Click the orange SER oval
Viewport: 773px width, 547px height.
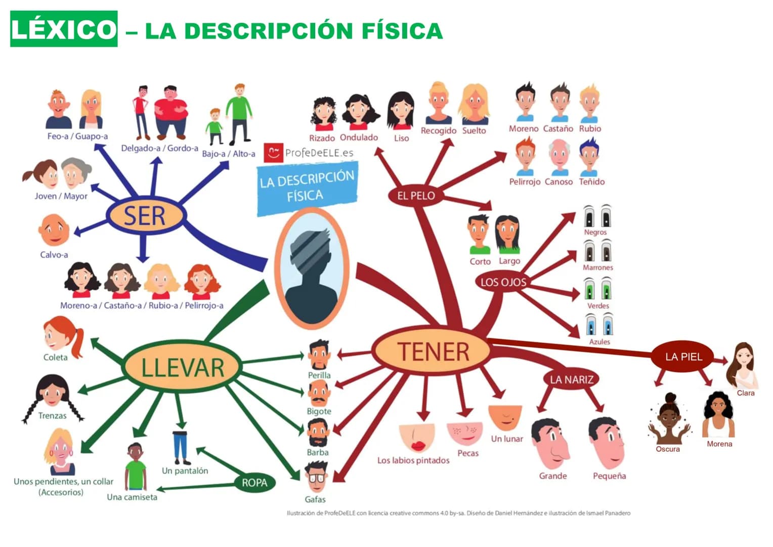click(x=145, y=216)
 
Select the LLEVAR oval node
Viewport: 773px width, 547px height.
click(x=182, y=367)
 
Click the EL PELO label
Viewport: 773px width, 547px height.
click(x=416, y=196)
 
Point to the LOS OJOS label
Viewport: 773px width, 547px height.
click(x=503, y=282)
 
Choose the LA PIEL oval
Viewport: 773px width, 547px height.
click(x=683, y=357)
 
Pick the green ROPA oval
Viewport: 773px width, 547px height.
click(x=254, y=483)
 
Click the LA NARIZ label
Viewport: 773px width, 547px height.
click(x=571, y=379)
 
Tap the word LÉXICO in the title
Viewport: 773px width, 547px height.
click(x=64, y=29)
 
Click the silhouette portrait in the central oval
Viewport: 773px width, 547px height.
click(x=312, y=268)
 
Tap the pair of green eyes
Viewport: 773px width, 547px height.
click(x=597, y=290)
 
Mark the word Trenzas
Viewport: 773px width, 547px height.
click(x=52, y=416)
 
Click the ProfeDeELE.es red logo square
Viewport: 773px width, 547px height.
click(x=273, y=152)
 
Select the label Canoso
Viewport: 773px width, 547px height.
click(x=559, y=182)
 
